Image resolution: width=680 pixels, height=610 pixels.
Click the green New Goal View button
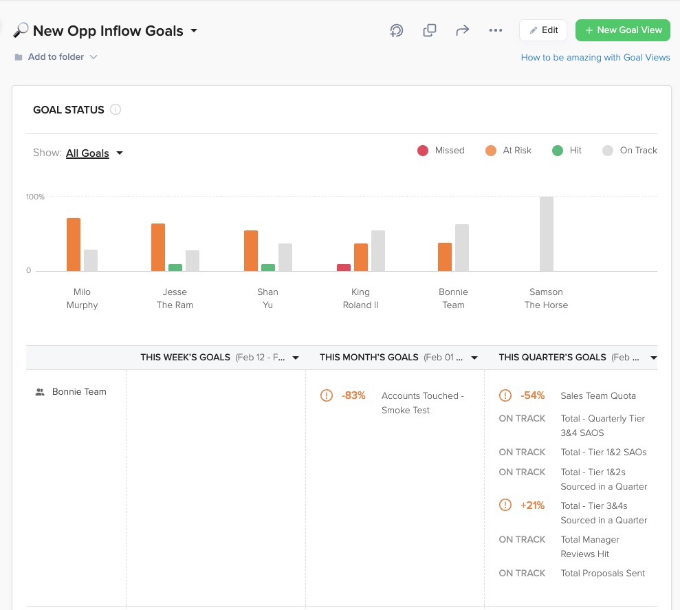pyautogui.click(x=622, y=30)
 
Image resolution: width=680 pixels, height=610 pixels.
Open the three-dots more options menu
pyautogui.click(x=496, y=30)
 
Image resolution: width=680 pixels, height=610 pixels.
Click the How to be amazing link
pyautogui.click(x=595, y=58)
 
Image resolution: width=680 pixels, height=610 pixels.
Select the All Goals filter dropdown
pyautogui.click(x=94, y=153)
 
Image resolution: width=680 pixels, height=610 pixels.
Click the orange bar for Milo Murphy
pyautogui.click(x=74, y=244)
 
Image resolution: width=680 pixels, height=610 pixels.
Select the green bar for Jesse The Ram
pyautogui.click(x=175, y=268)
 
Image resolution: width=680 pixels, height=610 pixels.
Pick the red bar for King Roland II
pyautogui.click(x=344, y=268)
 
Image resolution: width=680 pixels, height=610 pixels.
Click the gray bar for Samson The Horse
pyautogui.click(x=547, y=234)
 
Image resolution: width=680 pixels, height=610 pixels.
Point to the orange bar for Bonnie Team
pyautogui.click(x=445, y=257)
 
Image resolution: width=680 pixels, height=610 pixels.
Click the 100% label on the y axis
pyautogui.click(x=35, y=197)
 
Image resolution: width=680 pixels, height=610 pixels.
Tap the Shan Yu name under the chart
pyautogui.click(x=267, y=298)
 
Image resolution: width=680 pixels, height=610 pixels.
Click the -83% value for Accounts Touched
pyautogui.click(x=353, y=395)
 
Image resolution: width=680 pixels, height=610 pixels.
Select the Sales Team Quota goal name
pyautogui.click(x=598, y=395)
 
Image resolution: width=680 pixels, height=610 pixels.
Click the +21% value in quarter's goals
pyautogui.click(x=532, y=505)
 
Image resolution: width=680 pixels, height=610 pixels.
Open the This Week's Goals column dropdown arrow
pyautogui.click(x=296, y=358)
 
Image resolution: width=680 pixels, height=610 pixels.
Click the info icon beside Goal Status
pyautogui.click(x=116, y=109)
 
